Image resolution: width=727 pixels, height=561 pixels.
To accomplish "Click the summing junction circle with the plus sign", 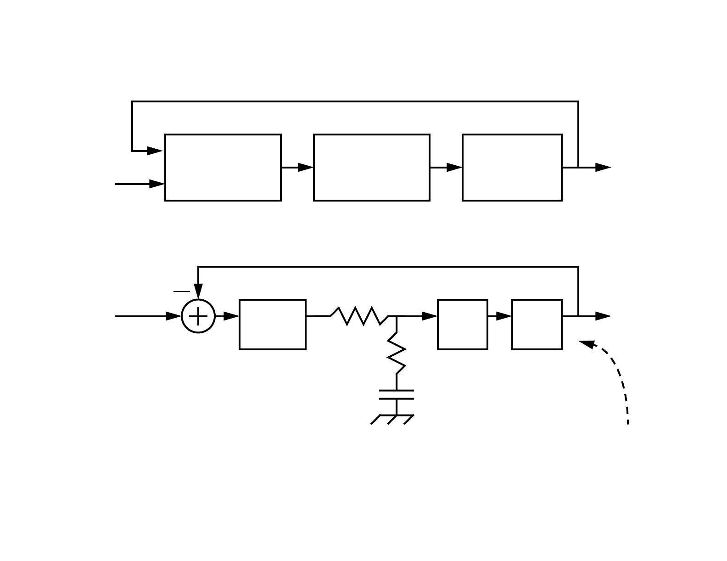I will coord(198,316).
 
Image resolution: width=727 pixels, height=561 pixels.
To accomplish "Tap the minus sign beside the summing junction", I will coord(181,291).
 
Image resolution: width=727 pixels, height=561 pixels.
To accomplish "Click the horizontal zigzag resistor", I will coord(359,316).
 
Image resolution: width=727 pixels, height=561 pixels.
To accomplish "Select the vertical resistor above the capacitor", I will coord(397,353).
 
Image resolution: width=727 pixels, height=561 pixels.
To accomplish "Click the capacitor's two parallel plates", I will coord(397,395).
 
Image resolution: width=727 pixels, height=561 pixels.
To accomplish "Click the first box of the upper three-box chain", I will coord(223,168).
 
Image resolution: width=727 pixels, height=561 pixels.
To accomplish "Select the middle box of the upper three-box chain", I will coord(372,168).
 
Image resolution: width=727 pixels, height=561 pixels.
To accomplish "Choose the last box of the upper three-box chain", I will coord(512,168).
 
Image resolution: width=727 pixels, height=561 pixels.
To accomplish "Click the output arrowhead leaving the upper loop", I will coord(603,168).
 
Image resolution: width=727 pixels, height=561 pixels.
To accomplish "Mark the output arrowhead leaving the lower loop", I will coord(603,316).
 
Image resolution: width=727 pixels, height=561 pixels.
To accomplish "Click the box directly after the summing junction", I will coord(273,325).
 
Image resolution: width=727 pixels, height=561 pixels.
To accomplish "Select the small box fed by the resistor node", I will coord(463,325).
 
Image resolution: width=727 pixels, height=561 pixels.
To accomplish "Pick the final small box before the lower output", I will coord(537,325).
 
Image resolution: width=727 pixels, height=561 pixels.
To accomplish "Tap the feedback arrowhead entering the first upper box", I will coord(155,151).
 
